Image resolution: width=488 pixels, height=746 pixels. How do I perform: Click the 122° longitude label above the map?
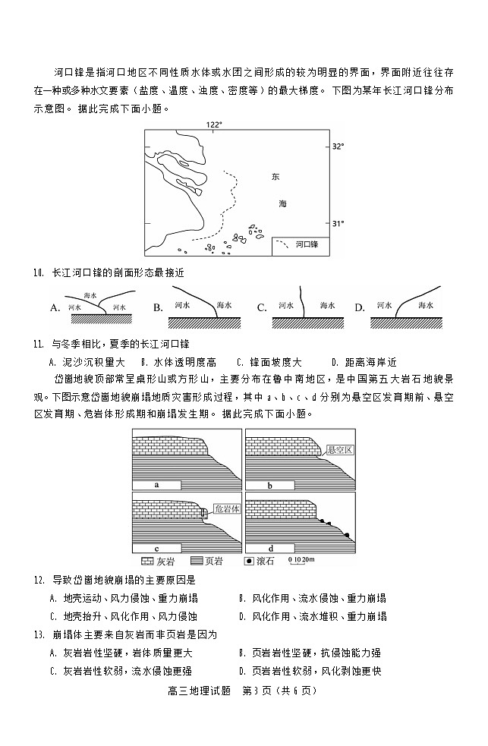pyautogui.click(x=215, y=124)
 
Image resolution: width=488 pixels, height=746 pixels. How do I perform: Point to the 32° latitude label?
pyautogui.click(x=339, y=146)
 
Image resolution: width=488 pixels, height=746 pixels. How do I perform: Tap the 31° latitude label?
pyautogui.click(x=339, y=223)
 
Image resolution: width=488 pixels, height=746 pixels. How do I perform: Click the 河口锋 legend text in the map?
pyautogui.click(x=307, y=245)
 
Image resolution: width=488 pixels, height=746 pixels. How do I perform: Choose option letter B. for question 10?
pyautogui.click(x=159, y=307)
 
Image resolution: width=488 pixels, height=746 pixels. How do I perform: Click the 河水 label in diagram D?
pyautogui.click(x=383, y=305)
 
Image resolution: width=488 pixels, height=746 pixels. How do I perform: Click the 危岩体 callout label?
pyautogui.click(x=227, y=508)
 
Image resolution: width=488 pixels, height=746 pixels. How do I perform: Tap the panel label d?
pyautogui.click(x=271, y=547)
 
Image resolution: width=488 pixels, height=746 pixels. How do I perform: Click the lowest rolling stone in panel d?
pyautogui.click(x=348, y=536)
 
